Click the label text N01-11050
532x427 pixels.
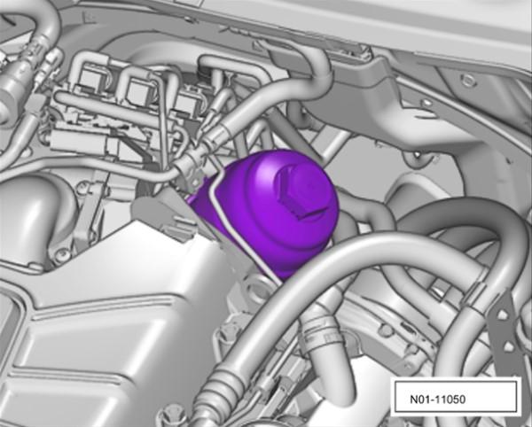[438, 400]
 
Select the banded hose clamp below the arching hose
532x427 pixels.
[319, 330]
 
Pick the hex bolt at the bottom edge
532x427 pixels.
[172, 415]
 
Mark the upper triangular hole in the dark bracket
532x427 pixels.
[502, 316]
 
